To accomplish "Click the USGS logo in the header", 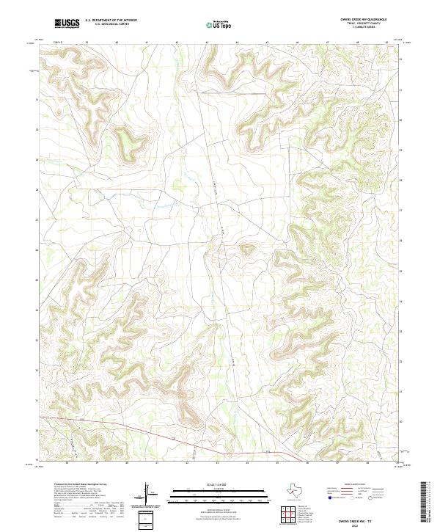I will click(67, 23).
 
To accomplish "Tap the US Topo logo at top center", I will click(219, 24).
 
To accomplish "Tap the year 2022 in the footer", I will click(357, 523).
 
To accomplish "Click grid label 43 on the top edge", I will click(207, 43).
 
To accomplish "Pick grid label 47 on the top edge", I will click(327, 43).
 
